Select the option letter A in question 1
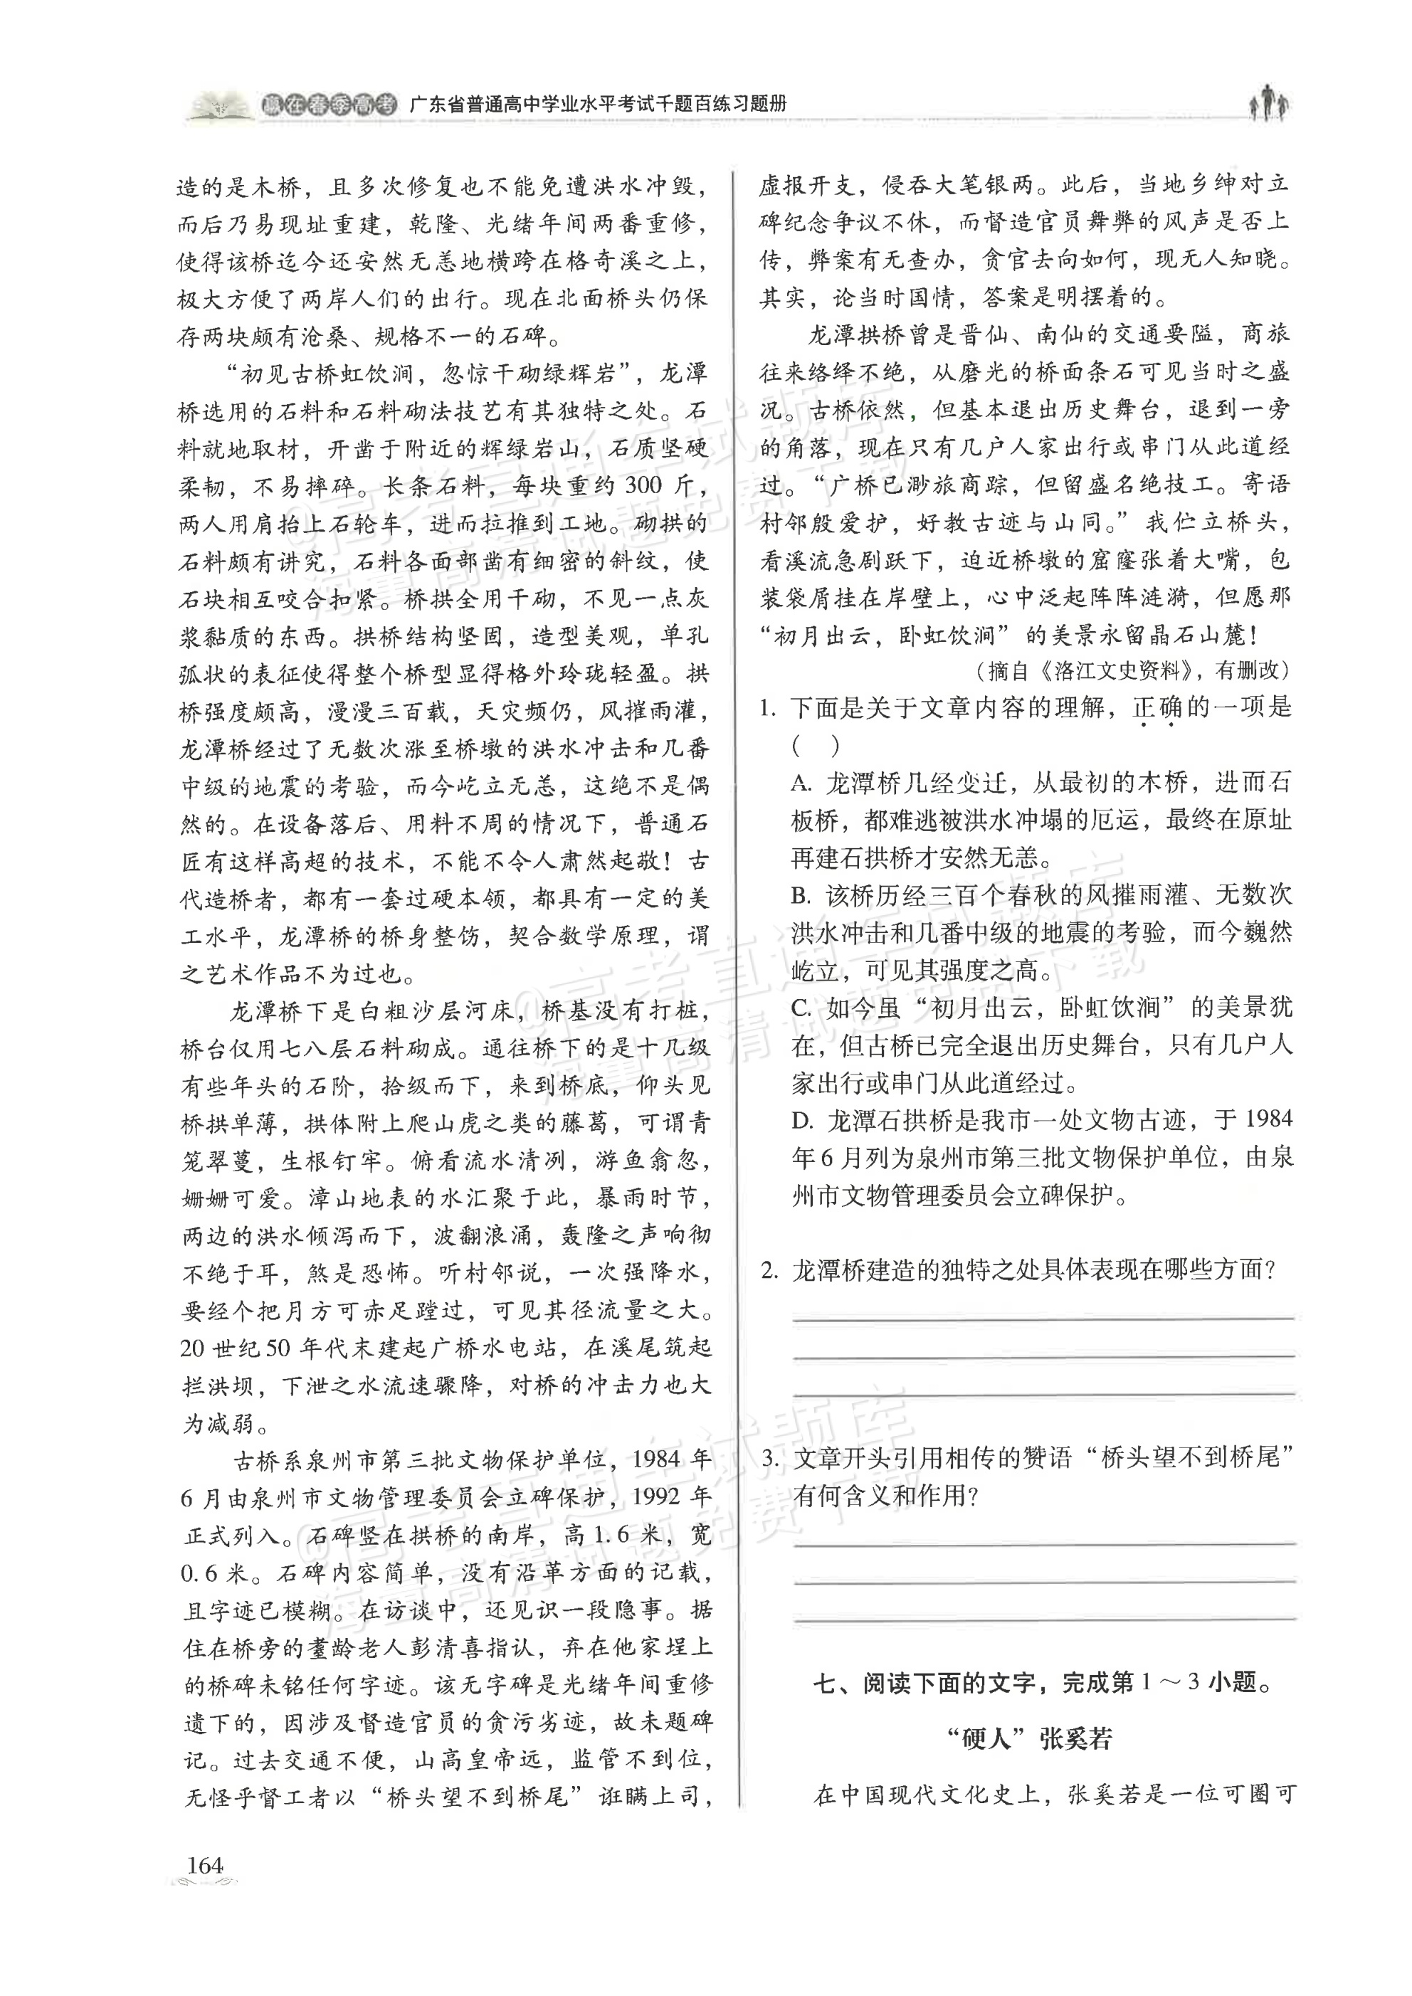[801, 783]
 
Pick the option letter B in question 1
[801, 895]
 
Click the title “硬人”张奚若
[1028, 1731]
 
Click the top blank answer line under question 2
[1043, 1318]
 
